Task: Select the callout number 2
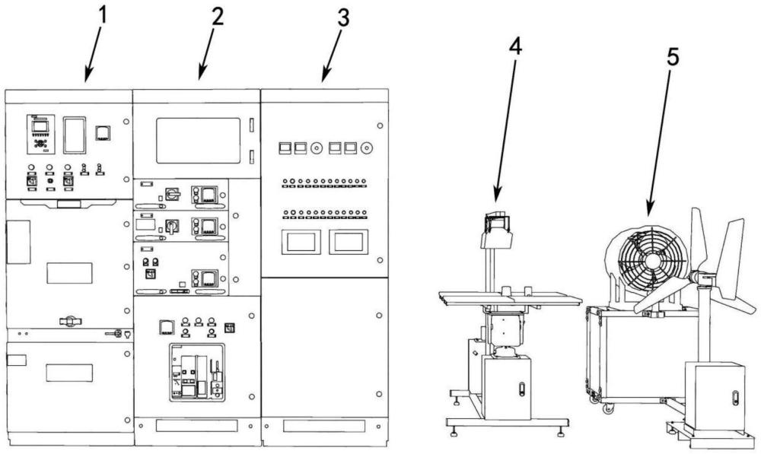tap(218, 17)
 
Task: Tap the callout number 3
tap(342, 18)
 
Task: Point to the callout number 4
tap(515, 47)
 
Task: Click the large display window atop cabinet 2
tap(198, 140)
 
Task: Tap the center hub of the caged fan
tap(651, 259)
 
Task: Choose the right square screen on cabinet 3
tap(348, 242)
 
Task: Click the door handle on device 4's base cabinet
tap(521, 389)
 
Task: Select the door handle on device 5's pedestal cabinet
tap(734, 398)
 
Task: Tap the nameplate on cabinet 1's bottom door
tap(69, 373)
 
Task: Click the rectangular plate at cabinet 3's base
tap(324, 427)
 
